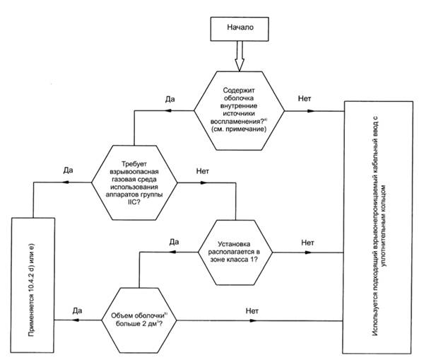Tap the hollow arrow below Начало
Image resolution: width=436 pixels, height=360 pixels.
click(x=239, y=56)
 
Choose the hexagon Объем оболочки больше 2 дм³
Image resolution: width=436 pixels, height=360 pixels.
click(x=141, y=318)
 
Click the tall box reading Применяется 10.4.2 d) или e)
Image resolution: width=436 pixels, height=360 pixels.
click(x=33, y=286)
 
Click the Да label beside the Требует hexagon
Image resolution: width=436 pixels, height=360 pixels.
click(x=68, y=170)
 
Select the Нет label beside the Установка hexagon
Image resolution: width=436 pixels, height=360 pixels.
click(x=307, y=242)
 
